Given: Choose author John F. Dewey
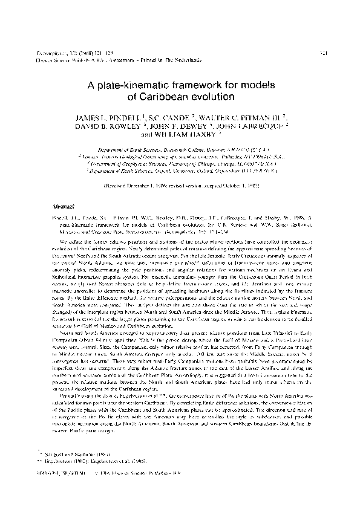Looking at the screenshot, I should (x=163, y=128).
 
